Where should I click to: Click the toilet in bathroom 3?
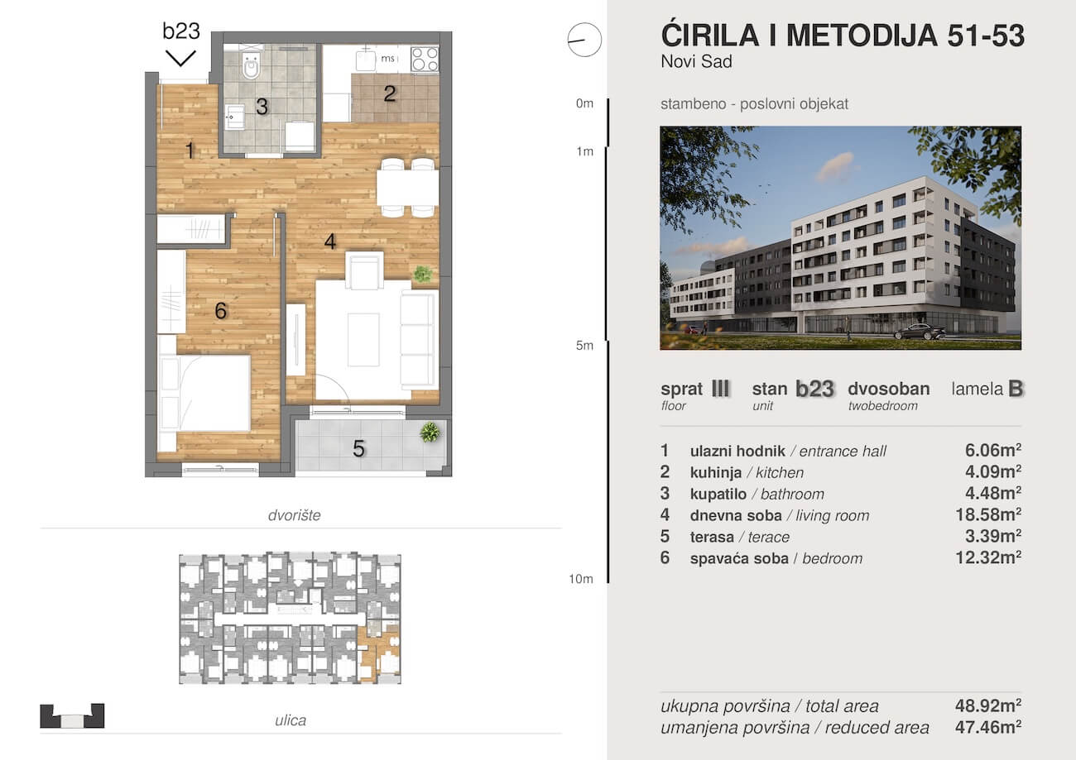[251, 65]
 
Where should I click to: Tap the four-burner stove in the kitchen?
[425, 59]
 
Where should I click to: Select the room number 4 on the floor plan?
[329, 241]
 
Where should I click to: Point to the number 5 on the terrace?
[358, 448]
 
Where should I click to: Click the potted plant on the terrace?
[430, 432]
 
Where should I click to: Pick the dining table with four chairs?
[407, 188]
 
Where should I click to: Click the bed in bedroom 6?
[204, 393]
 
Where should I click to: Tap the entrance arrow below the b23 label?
[180, 58]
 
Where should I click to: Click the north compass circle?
[584, 40]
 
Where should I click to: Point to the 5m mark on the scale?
[584, 346]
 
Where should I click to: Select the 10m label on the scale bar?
[581, 579]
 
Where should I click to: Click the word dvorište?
[294, 515]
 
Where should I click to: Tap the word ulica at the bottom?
[291, 720]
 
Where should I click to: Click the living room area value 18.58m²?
[988, 514]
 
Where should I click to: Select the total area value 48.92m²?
[988, 705]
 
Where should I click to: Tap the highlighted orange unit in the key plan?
[379, 652]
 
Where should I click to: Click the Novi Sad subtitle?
[696, 62]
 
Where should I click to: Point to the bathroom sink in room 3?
[234, 117]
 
